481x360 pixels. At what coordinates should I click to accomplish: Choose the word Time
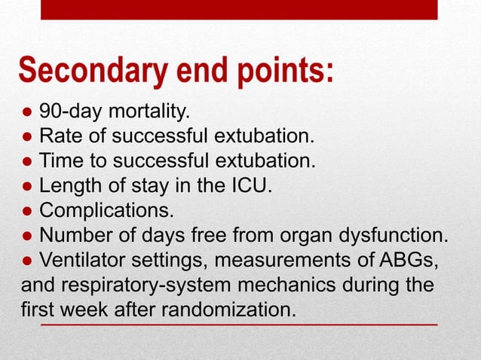(61, 160)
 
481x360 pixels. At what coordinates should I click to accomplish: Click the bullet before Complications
(26, 208)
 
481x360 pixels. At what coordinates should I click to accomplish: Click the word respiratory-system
(142, 285)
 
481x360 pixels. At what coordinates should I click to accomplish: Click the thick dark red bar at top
(238, 9)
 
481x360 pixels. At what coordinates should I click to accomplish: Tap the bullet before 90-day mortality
(26, 114)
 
